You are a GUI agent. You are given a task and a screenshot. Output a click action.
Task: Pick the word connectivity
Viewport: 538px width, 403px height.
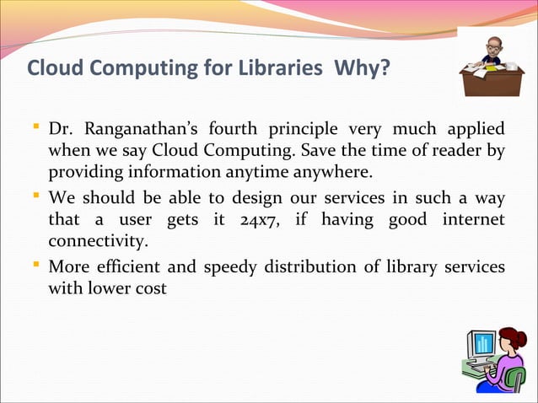(x=97, y=241)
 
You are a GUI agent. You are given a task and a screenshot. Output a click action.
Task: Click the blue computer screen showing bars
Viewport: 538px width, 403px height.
(x=483, y=343)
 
